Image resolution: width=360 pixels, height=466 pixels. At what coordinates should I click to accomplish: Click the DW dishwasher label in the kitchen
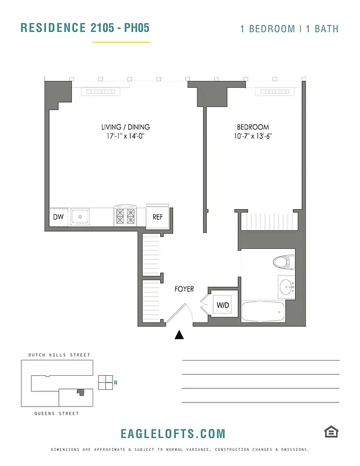58,217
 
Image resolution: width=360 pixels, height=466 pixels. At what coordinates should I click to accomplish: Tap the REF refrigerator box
157,217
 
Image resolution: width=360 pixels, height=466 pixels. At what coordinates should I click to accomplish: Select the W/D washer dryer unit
223,305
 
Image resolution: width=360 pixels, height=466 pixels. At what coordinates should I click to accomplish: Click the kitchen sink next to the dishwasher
80,217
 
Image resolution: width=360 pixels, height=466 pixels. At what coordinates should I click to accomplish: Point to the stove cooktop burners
124,217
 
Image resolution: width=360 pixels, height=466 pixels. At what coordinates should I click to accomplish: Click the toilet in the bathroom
281,262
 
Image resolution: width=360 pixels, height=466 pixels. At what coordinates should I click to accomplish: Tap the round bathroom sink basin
285,287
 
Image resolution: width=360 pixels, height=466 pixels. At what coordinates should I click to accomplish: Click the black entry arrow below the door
179,334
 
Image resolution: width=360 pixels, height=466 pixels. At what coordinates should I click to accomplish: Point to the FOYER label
184,289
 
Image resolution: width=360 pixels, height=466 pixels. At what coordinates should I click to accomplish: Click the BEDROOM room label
252,128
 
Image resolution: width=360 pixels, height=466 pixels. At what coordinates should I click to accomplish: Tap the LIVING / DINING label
125,127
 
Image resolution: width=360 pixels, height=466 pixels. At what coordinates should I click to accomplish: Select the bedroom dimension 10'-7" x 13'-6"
252,137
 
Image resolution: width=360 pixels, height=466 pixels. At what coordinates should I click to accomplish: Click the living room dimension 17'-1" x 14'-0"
125,137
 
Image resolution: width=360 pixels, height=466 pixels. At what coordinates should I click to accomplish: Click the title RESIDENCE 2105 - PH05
80,28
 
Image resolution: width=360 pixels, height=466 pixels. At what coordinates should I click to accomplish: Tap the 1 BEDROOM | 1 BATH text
289,29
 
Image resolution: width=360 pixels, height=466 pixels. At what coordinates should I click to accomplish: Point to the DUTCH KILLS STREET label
59,355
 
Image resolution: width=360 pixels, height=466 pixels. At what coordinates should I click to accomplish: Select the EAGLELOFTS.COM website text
172,433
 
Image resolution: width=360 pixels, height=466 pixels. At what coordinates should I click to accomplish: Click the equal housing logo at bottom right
331,432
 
